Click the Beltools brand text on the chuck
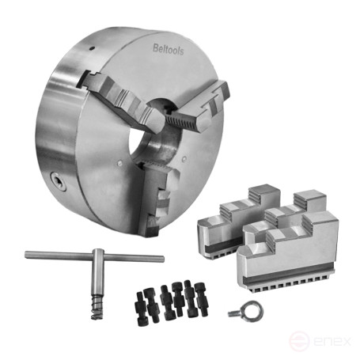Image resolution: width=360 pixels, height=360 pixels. pyautogui.click(x=169, y=50)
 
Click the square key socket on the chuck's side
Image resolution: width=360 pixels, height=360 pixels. pyautogui.click(x=58, y=182)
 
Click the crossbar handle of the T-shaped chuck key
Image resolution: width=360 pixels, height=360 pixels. pyautogui.click(x=94, y=256)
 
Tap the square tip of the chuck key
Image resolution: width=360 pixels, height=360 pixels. pyautogui.click(x=97, y=313)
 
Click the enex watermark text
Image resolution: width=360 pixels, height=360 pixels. pyautogui.click(x=332, y=341)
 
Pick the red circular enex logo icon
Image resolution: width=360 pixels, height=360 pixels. pyautogui.click(x=299, y=340)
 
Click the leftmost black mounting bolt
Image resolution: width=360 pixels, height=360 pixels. pyautogui.click(x=140, y=309)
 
